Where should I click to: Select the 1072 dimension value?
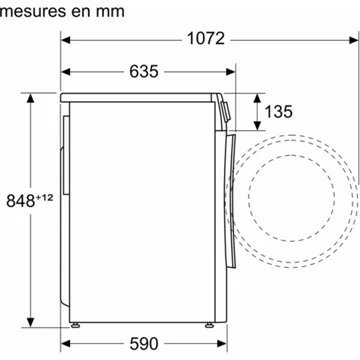coord(205,39)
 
